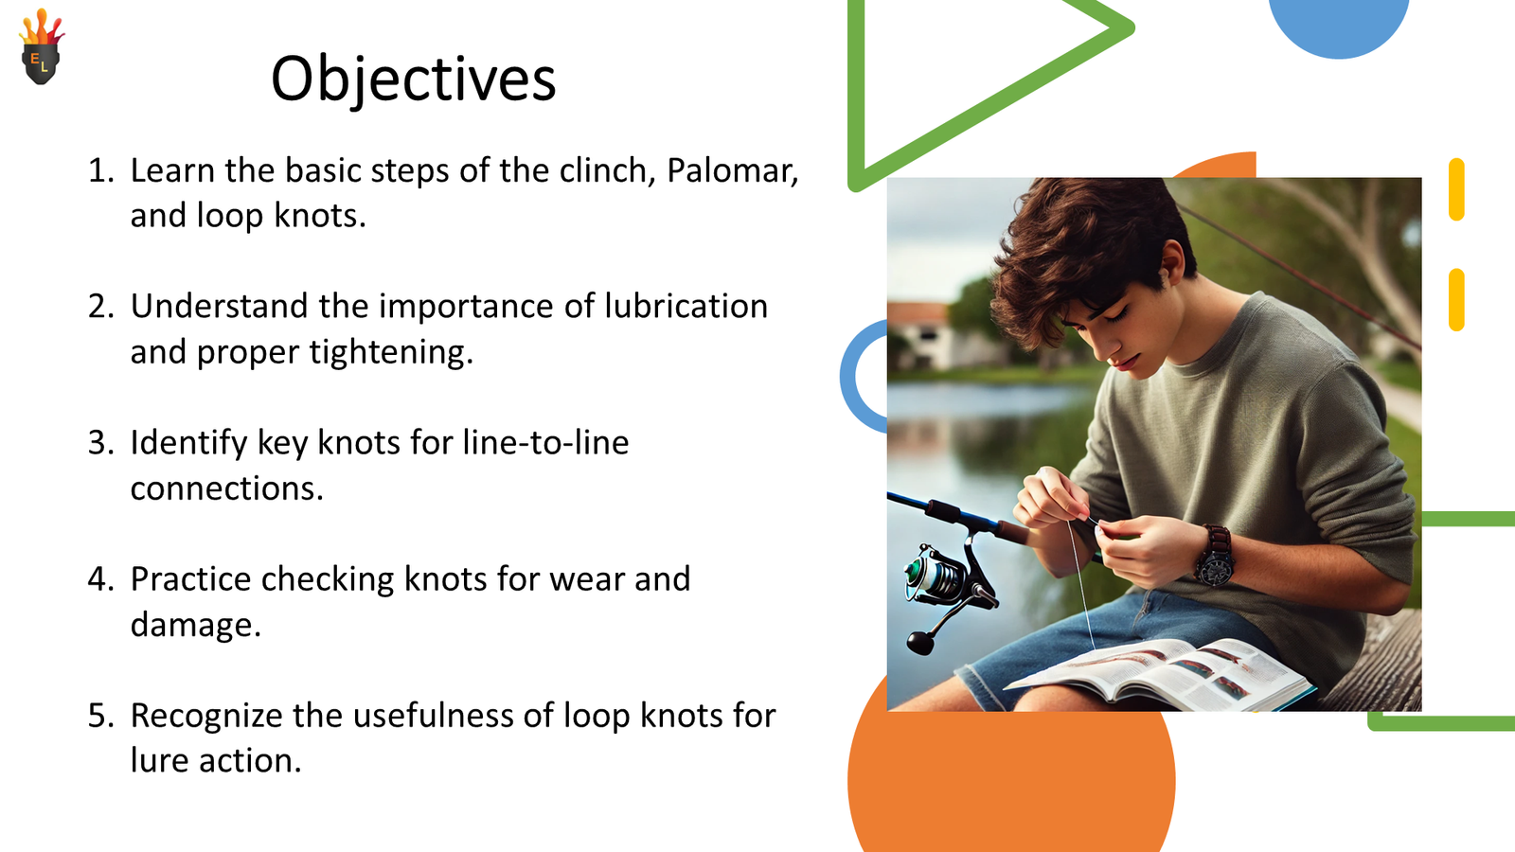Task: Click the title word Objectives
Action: click(x=413, y=80)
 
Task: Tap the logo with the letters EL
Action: click(x=42, y=46)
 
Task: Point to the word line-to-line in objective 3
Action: click(x=545, y=443)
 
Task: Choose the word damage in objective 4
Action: click(x=195, y=625)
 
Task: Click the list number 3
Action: click(x=100, y=443)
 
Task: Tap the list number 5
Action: click(x=100, y=716)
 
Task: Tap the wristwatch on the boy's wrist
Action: click(x=1216, y=556)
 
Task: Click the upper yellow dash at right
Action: click(x=1457, y=189)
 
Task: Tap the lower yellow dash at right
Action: click(x=1457, y=299)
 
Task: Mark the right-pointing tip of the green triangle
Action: click(x=1133, y=27)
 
